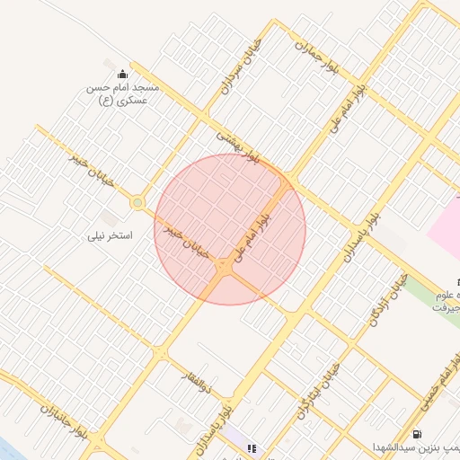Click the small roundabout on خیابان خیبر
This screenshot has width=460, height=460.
click(137, 204)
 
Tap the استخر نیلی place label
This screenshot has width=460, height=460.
click(110, 236)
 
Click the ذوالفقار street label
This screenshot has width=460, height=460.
click(196, 381)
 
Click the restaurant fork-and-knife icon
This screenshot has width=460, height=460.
click(252, 447)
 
